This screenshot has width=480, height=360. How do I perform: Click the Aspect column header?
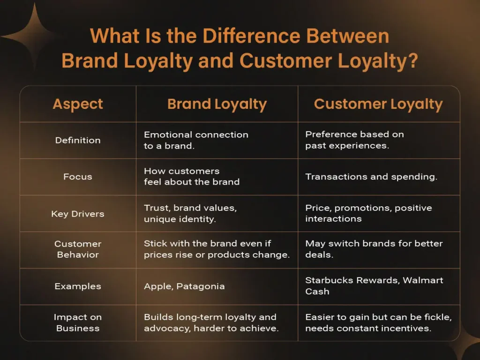pyautogui.click(x=78, y=104)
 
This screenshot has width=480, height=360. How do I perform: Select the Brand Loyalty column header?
pyautogui.click(x=217, y=104)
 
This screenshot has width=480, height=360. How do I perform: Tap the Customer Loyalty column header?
pyautogui.click(x=378, y=104)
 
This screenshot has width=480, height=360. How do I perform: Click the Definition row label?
pyautogui.click(x=78, y=140)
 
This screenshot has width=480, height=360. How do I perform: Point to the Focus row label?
pyautogui.click(x=78, y=177)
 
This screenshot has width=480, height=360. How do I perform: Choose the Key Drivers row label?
pyautogui.click(x=78, y=214)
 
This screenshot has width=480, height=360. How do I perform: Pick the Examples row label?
pyautogui.click(x=78, y=286)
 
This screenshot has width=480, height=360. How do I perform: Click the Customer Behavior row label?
pyautogui.click(x=78, y=249)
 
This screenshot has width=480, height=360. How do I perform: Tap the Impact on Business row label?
pyautogui.click(x=78, y=322)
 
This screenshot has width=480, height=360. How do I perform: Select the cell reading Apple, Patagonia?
pyautogui.click(x=184, y=286)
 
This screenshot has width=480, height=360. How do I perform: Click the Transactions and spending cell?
pyautogui.click(x=371, y=177)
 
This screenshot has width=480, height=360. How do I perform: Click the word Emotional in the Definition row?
pyautogui.click(x=168, y=135)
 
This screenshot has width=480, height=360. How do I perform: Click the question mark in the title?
pyautogui.click(x=413, y=60)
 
